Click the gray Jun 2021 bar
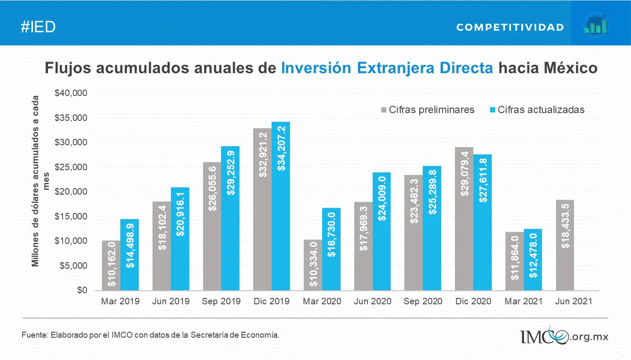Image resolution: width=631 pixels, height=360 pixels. point(565,245)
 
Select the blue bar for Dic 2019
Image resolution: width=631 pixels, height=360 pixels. point(281,206)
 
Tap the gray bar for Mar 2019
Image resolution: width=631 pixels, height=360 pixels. point(111,265)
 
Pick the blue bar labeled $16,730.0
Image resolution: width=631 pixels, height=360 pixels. point(331,249)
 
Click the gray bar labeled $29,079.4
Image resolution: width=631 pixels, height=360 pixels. point(464,219)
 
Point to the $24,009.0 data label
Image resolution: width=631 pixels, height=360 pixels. point(382,198)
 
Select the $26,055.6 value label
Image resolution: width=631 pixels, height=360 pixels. point(212,189)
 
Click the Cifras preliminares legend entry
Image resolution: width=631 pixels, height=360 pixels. point(428,110)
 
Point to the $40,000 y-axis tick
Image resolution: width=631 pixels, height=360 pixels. point(71,93)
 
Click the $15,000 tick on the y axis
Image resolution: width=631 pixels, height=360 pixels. point(71,216)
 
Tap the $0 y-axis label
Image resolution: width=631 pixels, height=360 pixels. point(82,290)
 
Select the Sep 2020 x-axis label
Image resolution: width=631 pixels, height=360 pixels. point(423,301)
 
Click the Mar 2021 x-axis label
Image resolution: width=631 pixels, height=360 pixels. point(523,301)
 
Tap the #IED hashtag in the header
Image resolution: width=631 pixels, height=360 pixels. point(38,27)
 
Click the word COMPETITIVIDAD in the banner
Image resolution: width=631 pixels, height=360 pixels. point(510,27)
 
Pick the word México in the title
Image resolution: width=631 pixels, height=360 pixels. point(570,68)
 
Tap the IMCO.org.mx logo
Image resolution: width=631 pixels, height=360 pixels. point(564,336)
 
